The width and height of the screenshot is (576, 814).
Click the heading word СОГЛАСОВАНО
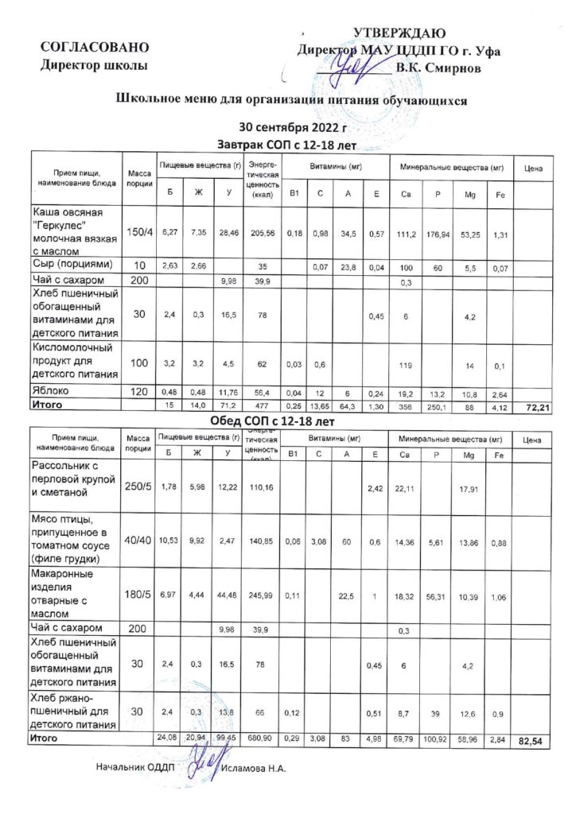95,48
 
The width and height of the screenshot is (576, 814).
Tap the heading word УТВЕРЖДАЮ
399,33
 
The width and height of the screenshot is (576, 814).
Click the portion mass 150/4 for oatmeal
139,231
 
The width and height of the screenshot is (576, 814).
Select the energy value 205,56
262,232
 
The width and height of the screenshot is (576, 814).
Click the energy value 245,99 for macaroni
262,596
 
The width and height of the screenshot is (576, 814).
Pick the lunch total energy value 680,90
262,739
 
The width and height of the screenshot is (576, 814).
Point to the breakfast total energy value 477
262,405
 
